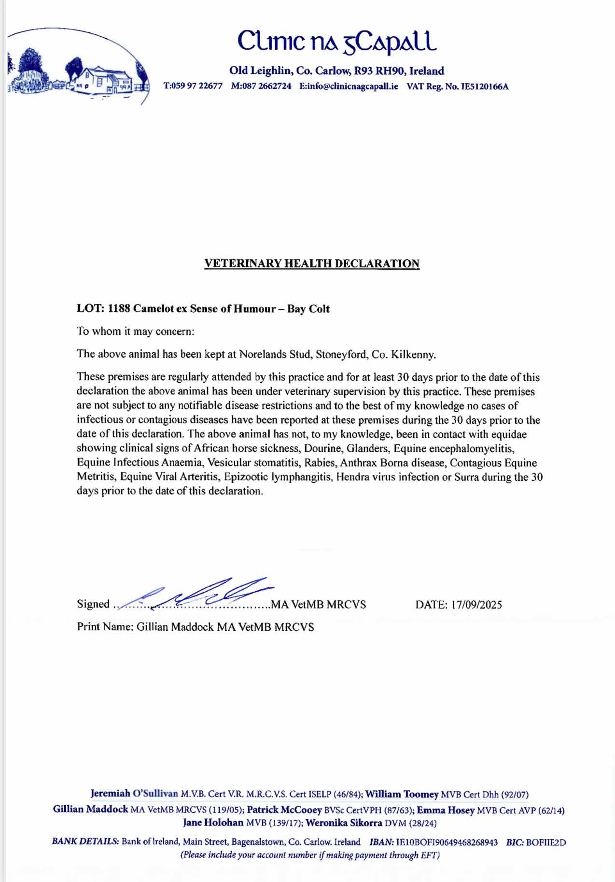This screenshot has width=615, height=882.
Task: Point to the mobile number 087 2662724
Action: point(267,87)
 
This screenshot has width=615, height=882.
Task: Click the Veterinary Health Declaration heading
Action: point(312,263)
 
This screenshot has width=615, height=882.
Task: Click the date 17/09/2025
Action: point(476,605)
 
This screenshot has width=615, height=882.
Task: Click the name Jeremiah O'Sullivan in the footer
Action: point(134,794)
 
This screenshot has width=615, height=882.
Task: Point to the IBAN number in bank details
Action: point(447,842)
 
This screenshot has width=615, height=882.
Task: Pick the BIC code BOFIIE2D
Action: point(546,842)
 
